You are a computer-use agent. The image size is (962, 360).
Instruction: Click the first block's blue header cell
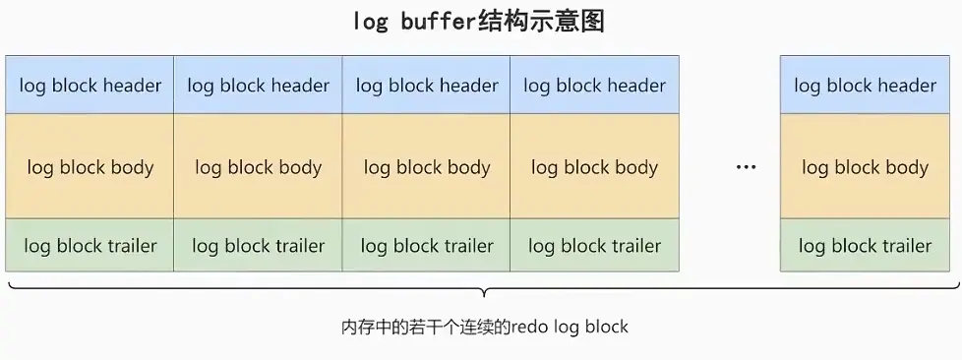click(x=90, y=86)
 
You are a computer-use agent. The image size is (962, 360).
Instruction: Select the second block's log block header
click(x=259, y=86)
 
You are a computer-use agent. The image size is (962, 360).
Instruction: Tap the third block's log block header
click(x=427, y=86)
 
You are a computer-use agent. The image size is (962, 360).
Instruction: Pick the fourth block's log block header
click(x=595, y=86)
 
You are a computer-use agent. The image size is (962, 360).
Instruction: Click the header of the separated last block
click(x=865, y=86)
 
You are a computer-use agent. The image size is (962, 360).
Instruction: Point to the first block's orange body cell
click(x=90, y=166)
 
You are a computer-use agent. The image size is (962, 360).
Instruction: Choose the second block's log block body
click(x=259, y=166)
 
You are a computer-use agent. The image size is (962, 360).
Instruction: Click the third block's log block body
click(x=427, y=166)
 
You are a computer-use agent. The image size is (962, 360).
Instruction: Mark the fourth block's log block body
click(x=595, y=166)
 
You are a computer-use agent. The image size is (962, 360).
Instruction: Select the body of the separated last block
click(x=865, y=166)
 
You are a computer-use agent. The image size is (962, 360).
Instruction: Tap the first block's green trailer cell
click(x=90, y=246)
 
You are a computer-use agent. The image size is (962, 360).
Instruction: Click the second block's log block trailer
click(x=259, y=246)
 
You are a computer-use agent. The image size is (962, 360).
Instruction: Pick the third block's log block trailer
click(x=427, y=246)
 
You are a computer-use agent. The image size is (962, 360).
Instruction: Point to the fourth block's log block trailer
click(x=595, y=246)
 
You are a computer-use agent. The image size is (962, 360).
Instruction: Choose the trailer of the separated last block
click(x=865, y=246)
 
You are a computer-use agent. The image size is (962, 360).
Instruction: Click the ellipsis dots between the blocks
click(x=747, y=167)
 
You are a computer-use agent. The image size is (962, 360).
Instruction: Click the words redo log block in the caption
click(x=571, y=326)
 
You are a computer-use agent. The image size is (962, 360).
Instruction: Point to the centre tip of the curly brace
click(x=482, y=294)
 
